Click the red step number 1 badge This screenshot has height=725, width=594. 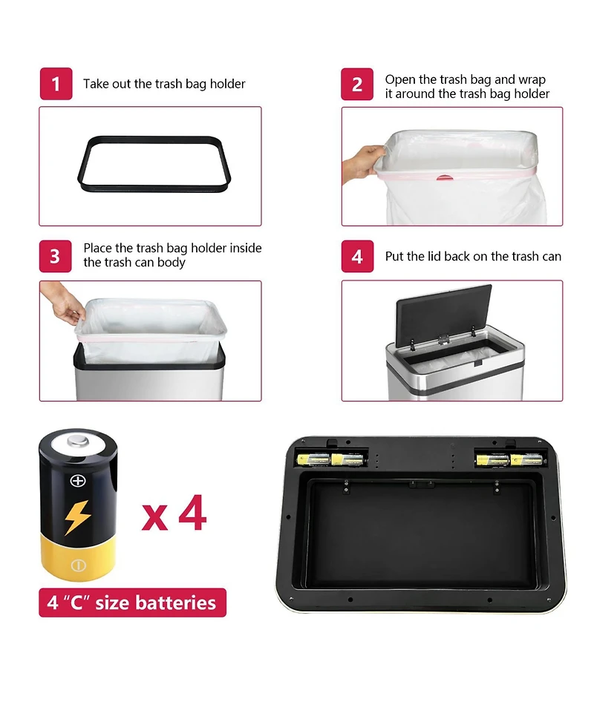[x=56, y=84]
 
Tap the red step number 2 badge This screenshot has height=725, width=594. [x=357, y=84]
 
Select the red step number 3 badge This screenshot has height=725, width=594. [x=56, y=256]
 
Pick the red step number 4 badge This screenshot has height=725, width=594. [x=357, y=256]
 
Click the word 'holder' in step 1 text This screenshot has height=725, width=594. [x=228, y=84]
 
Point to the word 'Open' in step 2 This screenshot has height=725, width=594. [x=400, y=80]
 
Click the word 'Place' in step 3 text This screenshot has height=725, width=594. [x=97, y=249]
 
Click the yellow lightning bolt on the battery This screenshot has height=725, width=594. [x=77, y=517]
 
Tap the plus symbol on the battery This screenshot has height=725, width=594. [x=78, y=481]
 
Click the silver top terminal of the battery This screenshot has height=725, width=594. [x=78, y=441]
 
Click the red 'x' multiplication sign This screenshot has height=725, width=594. [x=154, y=517]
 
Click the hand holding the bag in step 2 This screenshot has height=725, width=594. [x=362, y=163]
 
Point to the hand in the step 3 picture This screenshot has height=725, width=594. [x=63, y=303]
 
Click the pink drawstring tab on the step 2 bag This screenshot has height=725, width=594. [x=445, y=177]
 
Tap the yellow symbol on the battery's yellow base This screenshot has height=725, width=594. [x=78, y=565]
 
